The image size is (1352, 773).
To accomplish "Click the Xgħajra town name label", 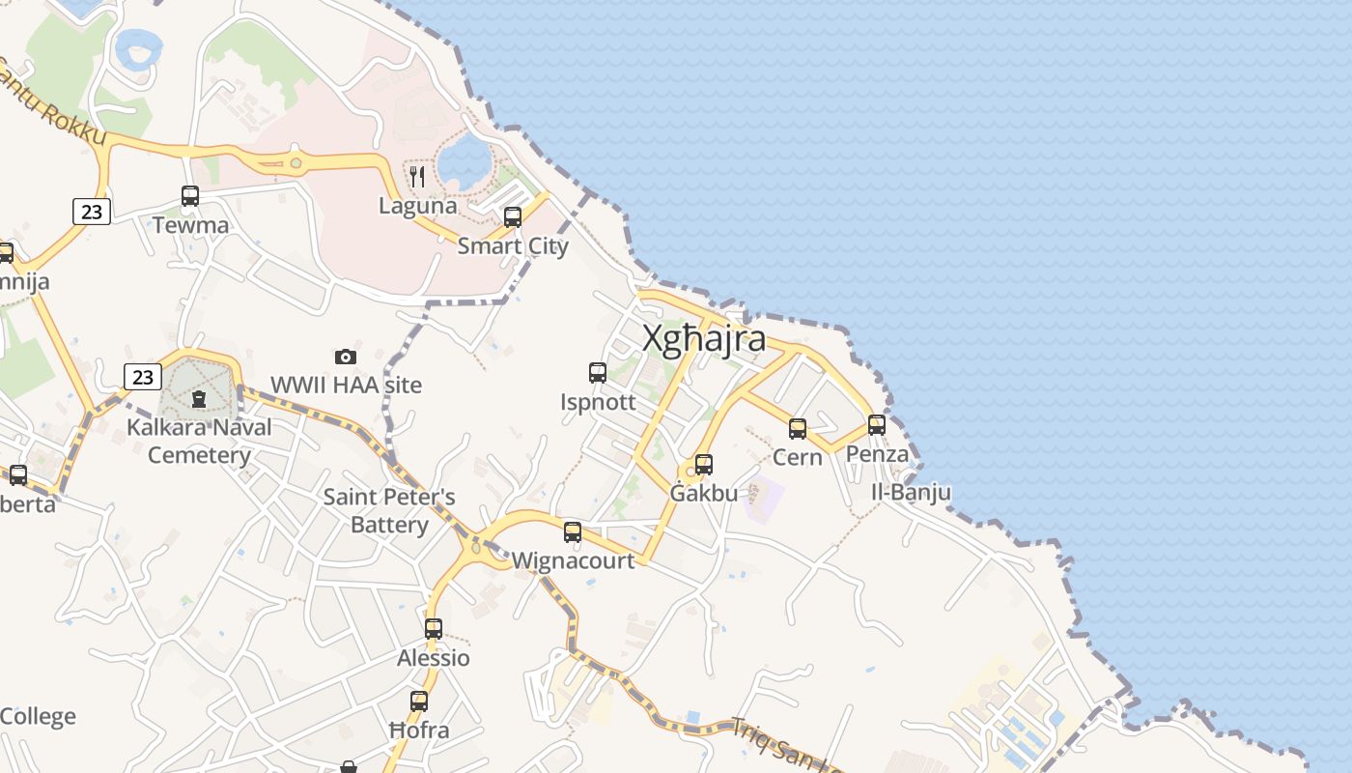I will (705, 339).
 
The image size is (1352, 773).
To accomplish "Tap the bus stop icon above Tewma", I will (190, 196).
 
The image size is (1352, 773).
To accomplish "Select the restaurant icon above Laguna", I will (417, 176).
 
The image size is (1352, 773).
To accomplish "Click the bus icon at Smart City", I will (513, 217).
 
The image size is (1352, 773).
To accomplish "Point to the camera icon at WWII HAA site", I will (346, 357).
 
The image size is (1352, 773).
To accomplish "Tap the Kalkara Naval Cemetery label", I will (199, 441).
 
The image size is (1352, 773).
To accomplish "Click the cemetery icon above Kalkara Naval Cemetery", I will (199, 398).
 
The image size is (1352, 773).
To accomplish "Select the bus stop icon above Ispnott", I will (598, 372).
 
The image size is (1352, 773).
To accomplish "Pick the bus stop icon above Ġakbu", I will (704, 465).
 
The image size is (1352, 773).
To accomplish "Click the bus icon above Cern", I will (798, 428).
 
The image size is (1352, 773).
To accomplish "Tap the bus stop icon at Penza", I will (877, 424).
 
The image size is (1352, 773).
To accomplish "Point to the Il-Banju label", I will (911, 493).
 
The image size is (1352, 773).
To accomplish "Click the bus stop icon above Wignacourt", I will (573, 531).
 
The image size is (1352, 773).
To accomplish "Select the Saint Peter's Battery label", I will (389, 511).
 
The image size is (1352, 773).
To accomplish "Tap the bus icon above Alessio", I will (434, 629).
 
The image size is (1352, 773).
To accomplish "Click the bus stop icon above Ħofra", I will (419, 701).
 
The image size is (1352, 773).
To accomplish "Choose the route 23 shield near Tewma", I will (92, 212).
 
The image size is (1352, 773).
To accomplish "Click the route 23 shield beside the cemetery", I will (143, 377).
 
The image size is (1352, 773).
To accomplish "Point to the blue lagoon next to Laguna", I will (465, 161).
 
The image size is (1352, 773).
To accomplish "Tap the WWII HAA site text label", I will (346, 385).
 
